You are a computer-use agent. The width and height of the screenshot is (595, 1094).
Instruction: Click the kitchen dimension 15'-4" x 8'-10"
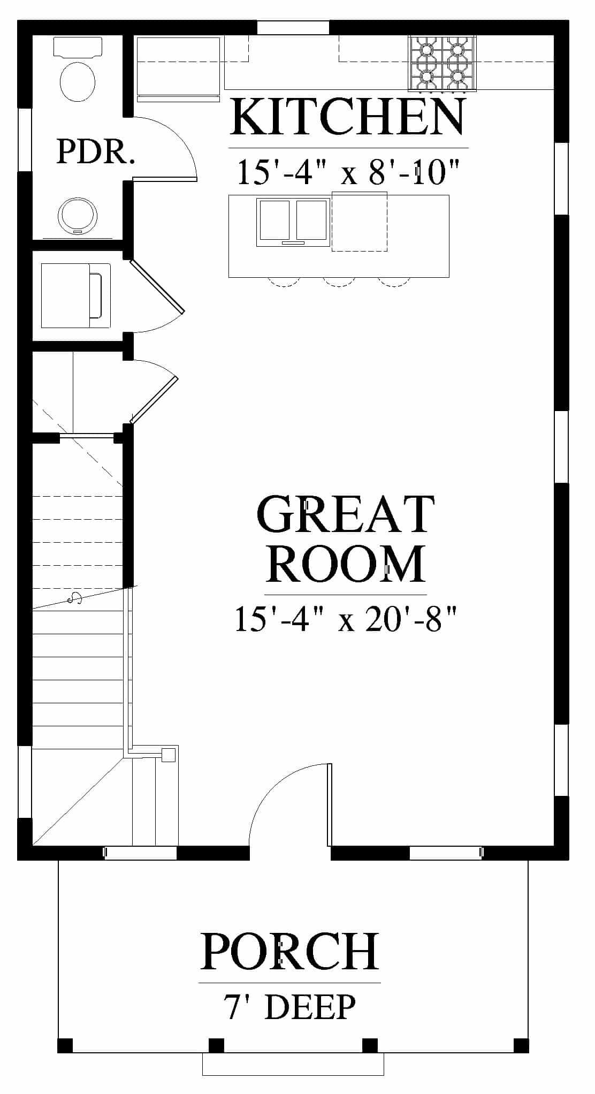(348, 172)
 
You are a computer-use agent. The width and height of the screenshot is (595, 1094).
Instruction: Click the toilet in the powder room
(78, 70)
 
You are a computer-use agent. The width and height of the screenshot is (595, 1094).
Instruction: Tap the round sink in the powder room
(77, 216)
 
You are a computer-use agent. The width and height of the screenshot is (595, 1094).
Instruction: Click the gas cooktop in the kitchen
(442, 63)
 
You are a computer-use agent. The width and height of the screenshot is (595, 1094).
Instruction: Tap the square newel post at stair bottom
(169, 755)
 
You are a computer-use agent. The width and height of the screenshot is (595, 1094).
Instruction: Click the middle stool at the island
(338, 282)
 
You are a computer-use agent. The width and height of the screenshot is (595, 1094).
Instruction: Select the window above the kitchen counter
(293, 27)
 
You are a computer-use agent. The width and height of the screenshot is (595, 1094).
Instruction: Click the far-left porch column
(65, 1045)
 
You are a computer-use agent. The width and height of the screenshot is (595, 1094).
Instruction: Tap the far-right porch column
(521, 1045)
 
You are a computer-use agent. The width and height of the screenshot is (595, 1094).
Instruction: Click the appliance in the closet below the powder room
(75, 295)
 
